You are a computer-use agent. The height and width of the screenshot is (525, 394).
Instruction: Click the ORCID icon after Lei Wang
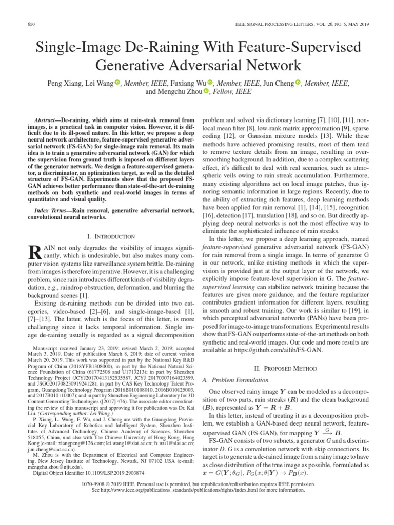117,83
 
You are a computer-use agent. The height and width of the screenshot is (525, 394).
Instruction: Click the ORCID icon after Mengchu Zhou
206,92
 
